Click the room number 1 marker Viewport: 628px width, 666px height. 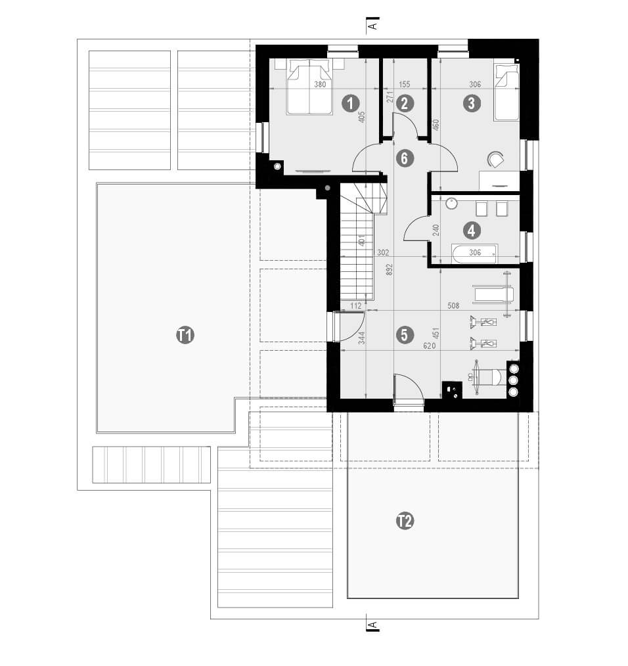(351, 103)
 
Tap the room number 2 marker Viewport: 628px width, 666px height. (404, 103)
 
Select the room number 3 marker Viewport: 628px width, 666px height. (472, 103)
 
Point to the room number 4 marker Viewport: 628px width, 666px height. (471, 231)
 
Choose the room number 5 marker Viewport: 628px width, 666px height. (404, 335)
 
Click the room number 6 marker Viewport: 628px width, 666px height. (404, 158)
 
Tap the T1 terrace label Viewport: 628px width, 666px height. (185, 335)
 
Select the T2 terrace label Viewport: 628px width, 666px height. (405, 521)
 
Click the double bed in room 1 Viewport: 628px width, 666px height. (309, 87)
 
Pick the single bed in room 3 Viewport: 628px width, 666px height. (506, 92)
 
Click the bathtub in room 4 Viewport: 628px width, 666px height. (474, 253)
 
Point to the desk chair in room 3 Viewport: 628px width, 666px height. (495, 160)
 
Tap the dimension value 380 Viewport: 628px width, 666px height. (320, 84)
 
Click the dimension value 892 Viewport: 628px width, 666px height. (389, 271)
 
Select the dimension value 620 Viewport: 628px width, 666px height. (429, 346)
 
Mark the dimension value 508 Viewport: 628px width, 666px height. (453, 305)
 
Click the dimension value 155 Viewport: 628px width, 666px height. (404, 84)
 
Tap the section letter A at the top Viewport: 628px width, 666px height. (372, 26)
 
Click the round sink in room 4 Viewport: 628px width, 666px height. (451, 204)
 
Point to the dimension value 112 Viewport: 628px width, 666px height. (355, 305)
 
